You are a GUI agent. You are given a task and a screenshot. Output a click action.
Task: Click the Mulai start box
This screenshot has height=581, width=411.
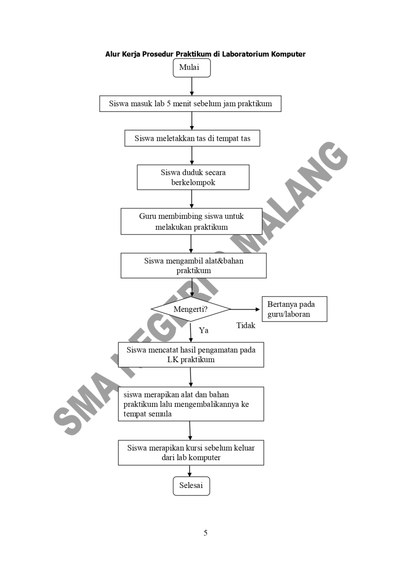(x=192, y=68)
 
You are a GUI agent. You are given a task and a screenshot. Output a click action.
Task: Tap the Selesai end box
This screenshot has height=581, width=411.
(x=191, y=486)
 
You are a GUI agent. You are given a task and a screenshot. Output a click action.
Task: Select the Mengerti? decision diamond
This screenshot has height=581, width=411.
(x=191, y=309)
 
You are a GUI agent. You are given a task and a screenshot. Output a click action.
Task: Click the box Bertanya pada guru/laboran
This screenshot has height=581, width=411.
(x=294, y=309)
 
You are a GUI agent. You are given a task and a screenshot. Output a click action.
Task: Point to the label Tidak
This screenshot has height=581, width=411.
(x=246, y=326)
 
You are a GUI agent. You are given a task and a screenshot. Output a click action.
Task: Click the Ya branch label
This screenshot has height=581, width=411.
(x=204, y=330)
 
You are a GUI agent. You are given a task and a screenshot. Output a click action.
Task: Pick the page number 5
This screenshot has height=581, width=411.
(x=205, y=533)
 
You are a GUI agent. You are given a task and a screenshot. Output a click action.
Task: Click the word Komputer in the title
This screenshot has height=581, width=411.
(x=288, y=54)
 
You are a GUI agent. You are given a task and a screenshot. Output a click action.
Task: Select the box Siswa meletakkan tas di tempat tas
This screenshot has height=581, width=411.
(x=192, y=139)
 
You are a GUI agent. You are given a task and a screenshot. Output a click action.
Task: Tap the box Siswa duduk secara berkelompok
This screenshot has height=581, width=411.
(x=193, y=177)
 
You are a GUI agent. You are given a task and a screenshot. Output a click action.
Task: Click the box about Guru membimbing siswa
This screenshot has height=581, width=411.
(x=191, y=222)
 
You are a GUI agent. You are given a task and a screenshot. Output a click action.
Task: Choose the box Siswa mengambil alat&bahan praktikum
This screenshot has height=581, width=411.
(x=193, y=265)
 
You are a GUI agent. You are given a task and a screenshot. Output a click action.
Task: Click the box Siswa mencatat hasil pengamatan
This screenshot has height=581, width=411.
(x=191, y=355)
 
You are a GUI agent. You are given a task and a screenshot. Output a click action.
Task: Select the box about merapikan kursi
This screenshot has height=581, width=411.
(x=191, y=452)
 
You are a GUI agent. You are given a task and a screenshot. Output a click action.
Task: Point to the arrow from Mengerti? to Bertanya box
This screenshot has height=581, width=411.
(x=246, y=309)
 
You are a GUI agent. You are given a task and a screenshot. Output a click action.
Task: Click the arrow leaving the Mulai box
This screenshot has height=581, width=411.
(x=192, y=86)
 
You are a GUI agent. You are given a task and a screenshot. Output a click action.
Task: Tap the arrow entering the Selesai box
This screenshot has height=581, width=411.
(x=190, y=471)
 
